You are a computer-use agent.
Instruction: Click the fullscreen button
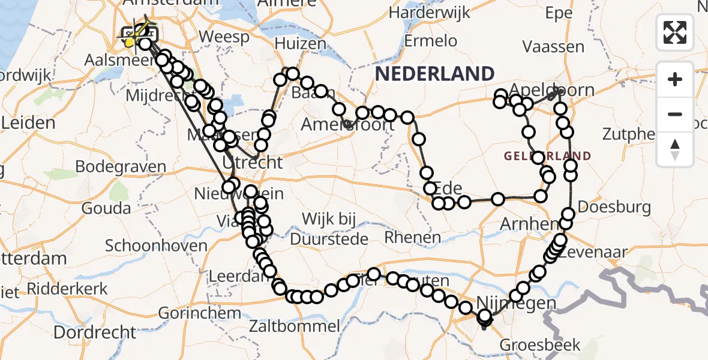coord(675,32)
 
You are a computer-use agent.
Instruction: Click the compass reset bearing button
coord(675,149)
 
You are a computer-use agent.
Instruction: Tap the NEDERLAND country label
coord(435,74)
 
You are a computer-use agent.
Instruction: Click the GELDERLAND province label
coord(547,156)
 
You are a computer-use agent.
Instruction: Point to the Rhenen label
coord(412,237)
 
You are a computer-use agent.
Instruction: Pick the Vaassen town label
coord(553,46)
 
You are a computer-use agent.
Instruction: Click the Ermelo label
coord(430,41)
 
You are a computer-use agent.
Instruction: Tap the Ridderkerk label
coord(67,288)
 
